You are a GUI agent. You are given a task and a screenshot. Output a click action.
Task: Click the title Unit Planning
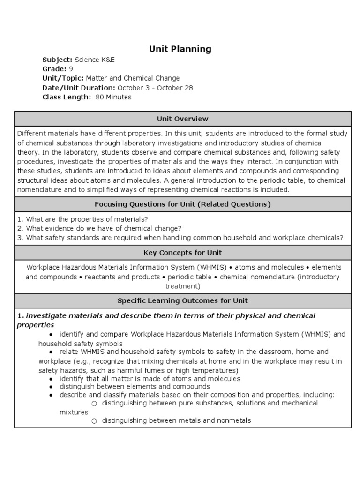pyautogui.click(x=180, y=49)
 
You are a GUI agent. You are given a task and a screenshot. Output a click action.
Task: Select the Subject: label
pyautogui.click(x=57, y=60)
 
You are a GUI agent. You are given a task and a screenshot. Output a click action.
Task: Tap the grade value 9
pyautogui.click(x=70, y=69)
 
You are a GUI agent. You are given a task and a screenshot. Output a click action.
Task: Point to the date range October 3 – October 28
pyautogui.click(x=155, y=88)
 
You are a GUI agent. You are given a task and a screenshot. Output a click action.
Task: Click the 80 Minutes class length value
pyautogui.click(x=113, y=97)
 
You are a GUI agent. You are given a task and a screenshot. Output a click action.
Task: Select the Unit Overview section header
pyautogui.click(x=183, y=119)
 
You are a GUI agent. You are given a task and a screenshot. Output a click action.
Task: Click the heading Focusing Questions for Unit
pyautogui.click(x=183, y=204)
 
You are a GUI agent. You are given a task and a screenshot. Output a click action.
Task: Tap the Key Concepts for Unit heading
pyautogui.click(x=183, y=253)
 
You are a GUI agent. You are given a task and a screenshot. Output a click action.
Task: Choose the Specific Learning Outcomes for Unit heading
pyautogui.click(x=183, y=300)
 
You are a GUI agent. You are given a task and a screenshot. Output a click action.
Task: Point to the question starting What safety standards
pyautogui.click(x=180, y=238)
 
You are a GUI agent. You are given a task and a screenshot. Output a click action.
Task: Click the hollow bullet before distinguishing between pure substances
pyautogui.click(x=94, y=404)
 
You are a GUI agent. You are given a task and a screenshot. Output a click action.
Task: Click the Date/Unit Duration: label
pyautogui.click(x=79, y=88)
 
